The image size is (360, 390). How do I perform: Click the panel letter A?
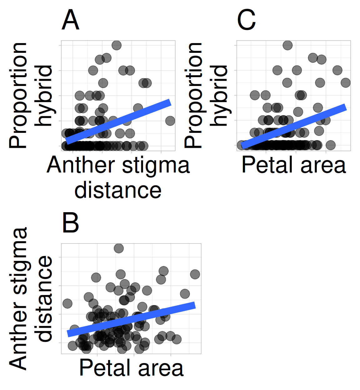point(70,20)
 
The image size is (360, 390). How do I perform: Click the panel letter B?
point(70,223)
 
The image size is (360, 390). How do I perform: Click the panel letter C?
point(246,20)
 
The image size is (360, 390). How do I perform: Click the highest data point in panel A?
point(117,45)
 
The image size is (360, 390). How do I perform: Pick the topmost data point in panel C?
point(287,45)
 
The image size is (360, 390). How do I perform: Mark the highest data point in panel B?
point(119,248)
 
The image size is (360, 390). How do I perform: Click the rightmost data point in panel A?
point(170,121)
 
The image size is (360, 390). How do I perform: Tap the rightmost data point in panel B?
point(195,274)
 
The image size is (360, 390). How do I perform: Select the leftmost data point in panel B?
point(67,303)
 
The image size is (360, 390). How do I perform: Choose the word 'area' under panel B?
point(161,368)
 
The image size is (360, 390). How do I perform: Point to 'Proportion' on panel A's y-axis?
point(18,95)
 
